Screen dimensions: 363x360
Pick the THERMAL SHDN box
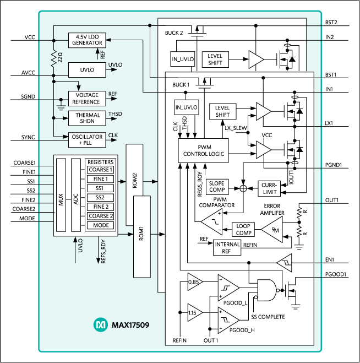click(87, 118)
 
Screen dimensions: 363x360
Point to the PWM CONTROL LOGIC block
click(203, 150)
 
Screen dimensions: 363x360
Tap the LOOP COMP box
click(244, 229)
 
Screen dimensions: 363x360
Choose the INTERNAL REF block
click(227, 247)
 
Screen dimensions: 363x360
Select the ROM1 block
click(141, 236)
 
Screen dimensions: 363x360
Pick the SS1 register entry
click(100, 188)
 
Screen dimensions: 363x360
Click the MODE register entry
click(100, 225)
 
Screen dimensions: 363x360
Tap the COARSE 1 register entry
click(100, 170)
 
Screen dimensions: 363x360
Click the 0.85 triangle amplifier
click(194, 281)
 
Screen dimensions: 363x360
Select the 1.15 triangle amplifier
click(194, 312)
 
